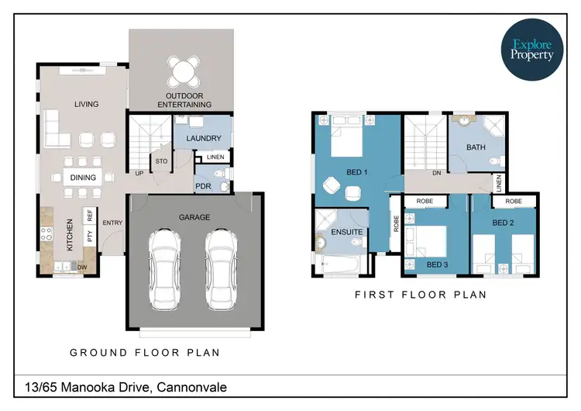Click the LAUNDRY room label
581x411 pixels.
204,139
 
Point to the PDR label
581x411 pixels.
204,186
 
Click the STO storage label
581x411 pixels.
161,162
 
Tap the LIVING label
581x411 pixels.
87,104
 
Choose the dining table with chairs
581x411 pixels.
83,177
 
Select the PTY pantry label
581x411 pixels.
90,237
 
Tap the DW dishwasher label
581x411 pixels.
81,267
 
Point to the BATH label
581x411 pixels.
476,147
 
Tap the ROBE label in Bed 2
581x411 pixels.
513,201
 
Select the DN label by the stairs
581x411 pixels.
437,173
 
